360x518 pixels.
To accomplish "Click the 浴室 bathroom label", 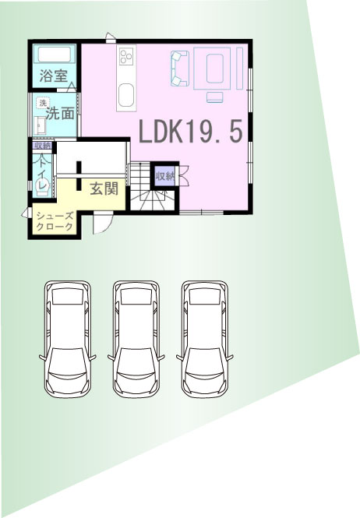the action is point(54,76).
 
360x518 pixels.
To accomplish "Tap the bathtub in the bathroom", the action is point(55,55).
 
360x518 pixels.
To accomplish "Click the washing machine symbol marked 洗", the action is point(43,103).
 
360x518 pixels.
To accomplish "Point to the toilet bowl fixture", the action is point(42,187).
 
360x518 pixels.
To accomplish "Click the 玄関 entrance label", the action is point(104,189).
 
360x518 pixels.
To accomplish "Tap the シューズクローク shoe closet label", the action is point(55,221).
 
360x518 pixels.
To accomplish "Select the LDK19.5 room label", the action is point(191,131).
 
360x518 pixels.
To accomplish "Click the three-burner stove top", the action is point(126,55).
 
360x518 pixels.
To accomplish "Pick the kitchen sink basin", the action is point(126,95).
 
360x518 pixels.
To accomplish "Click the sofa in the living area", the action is point(180,69).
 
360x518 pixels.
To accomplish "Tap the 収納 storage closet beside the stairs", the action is point(165,176).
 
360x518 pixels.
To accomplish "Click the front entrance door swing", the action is point(103,224).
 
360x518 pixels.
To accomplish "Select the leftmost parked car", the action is point(68,339).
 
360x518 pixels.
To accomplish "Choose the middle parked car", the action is point(136,339).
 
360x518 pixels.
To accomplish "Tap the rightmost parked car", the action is point(205,339).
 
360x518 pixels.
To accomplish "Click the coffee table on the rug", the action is point(215,69).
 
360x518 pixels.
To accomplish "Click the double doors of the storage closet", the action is point(183,176).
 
